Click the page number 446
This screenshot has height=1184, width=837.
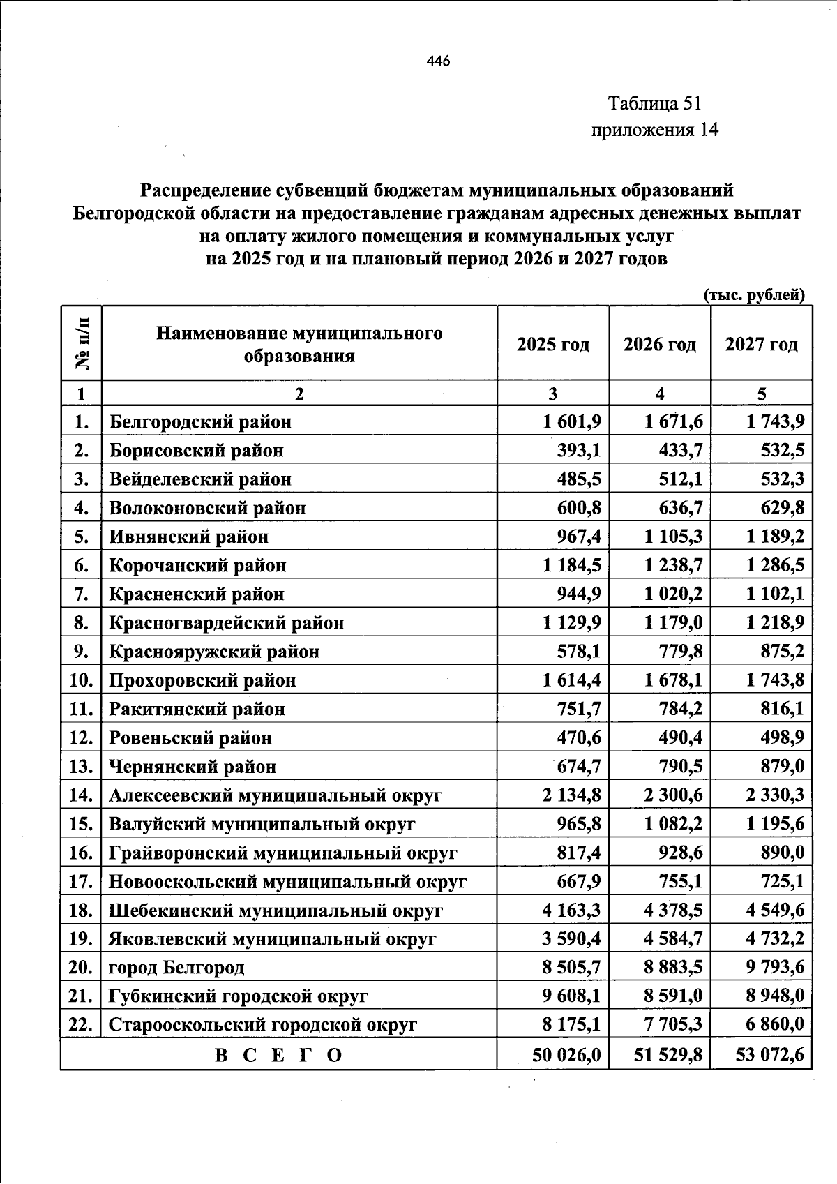click(438, 61)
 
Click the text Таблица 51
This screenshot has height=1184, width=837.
click(654, 104)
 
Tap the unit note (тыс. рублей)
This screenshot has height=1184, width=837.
click(754, 294)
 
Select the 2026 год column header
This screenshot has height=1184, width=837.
click(659, 345)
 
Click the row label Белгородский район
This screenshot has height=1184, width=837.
click(200, 422)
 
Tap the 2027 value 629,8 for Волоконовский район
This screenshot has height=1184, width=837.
click(782, 508)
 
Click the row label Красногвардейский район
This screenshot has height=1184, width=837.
click(227, 623)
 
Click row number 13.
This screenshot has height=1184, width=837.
click(82, 767)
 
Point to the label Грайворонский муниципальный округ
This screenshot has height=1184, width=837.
click(282, 853)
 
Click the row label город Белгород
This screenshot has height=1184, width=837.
click(176, 968)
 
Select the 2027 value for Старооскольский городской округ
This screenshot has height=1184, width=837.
click(774, 1025)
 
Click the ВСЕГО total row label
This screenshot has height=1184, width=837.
click(278, 1055)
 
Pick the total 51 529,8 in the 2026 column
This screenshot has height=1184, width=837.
click(668, 1055)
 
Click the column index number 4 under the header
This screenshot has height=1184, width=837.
click(659, 394)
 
